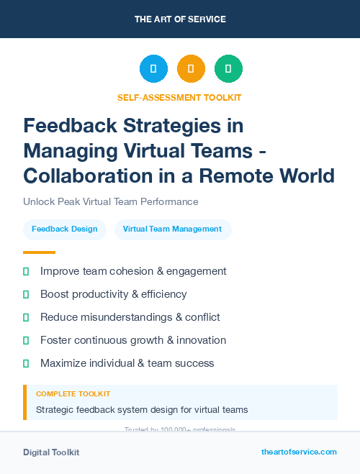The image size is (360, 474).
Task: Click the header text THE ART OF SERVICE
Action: (x=179, y=19)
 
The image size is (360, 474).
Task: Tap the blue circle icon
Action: (x=153, y=69)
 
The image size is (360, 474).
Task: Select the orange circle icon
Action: (x=191, y=69)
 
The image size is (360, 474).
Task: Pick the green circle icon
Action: (x=228, y=69)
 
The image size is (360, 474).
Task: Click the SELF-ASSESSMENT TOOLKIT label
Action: (x=179, y=97)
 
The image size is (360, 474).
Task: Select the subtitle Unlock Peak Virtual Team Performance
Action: (x=110, y=201)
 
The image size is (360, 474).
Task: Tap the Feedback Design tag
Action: (x=65, y=229)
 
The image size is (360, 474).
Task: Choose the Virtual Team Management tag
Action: (x=173, y=229)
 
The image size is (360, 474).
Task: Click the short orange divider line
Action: (x=39, y=252)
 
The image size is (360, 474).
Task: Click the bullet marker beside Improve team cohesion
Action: (x=26, y=271)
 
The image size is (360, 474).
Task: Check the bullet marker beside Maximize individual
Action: (x=26, y=363)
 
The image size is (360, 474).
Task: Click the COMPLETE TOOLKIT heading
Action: (x=73, y=394)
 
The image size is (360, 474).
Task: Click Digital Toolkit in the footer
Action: (x=51, y=452)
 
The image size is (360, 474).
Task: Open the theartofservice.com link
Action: (x=299, y=452)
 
